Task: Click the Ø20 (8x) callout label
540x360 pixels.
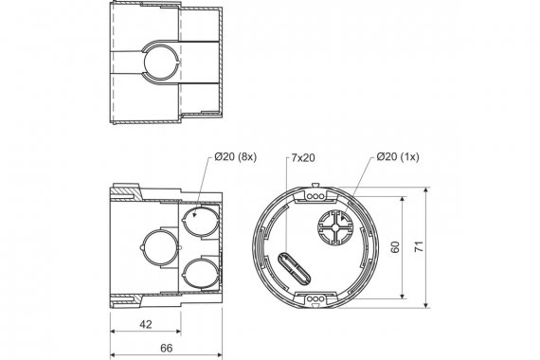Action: point(235,156)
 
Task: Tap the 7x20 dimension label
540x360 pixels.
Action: point(303,158)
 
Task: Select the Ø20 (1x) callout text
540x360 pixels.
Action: point(398,156)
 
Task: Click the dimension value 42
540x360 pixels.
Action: point(146,324)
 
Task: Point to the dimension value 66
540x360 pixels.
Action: point(167,348)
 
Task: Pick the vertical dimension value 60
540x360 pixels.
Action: point(395,247)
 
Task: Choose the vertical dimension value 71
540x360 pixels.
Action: point(419,247)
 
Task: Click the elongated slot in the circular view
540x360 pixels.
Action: point(294,268)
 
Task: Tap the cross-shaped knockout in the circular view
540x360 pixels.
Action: point(335,227)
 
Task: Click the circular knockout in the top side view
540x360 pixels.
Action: point(161,63)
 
